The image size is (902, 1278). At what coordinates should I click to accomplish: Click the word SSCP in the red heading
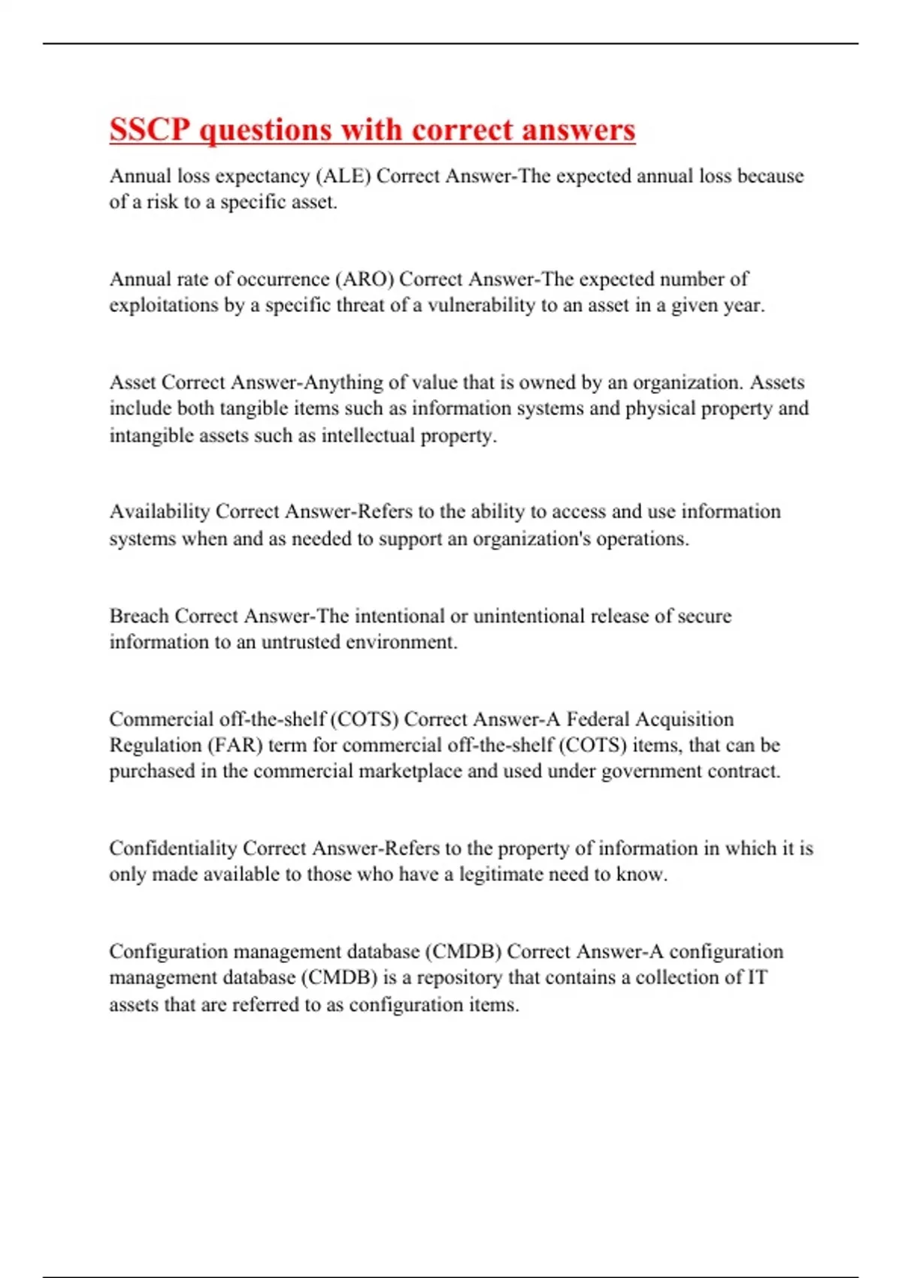[x=150, y=130]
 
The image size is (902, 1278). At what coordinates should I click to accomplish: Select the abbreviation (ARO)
[x=366, y=279]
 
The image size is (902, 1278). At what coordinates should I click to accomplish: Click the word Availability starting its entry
[x=159, y=511]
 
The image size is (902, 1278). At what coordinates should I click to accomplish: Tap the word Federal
[x=598, y=719]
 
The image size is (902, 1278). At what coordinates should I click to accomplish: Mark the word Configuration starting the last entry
[x=168, y=952]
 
